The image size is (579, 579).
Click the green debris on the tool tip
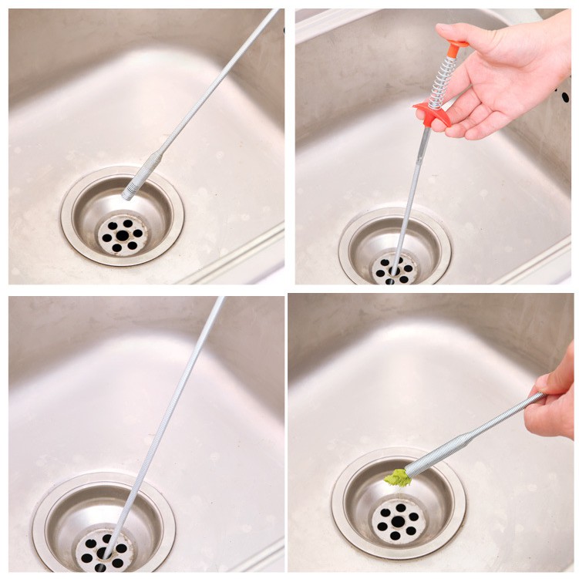click(x=398, y=478)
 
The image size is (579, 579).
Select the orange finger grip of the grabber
click(x=432, y=113)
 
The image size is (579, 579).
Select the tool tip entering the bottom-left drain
click(x=108, y=547)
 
